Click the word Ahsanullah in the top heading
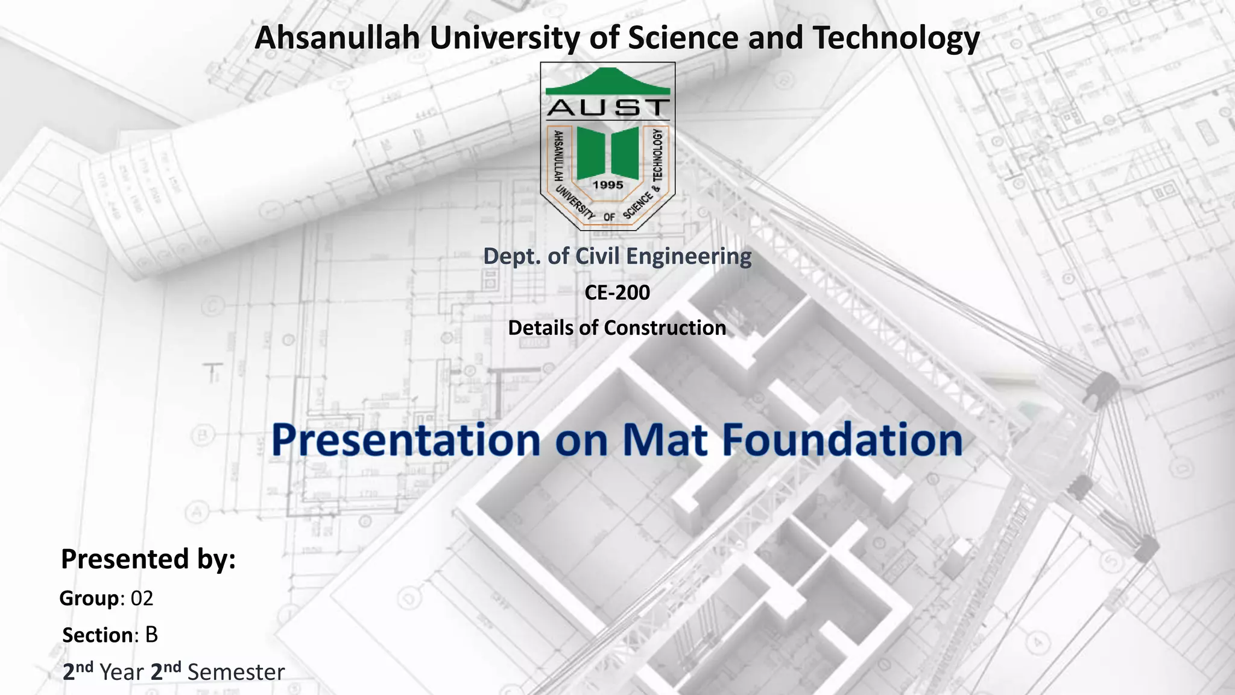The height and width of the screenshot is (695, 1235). pyautogui.click(x=337, y=37)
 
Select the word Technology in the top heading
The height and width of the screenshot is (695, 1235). pyautogui.click(x=896, y=37)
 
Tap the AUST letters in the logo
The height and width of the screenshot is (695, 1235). pyautogui.click(x=607, y=108)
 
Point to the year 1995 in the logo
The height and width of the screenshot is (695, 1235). pyautogui.click(x=607, y=185)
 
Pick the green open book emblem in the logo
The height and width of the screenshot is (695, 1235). pyautogui.click(x=607, y=152)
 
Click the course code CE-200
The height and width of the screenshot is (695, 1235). pyautogui.click(x=617, y=293)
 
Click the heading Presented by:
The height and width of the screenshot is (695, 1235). pyautogui.click(x=148, y=559)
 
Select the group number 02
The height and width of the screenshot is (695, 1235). pyautogui.click(x=142, y=598)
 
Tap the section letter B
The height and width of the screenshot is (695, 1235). pyautogui.click(x=151, y=635)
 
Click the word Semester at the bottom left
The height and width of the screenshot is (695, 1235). pyautogui.click(x=236, y=672)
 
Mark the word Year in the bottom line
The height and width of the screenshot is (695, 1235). pyautogui.click(x=122, y=672)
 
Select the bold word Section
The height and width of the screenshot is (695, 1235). pyautogui.click(x=98, y=635)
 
